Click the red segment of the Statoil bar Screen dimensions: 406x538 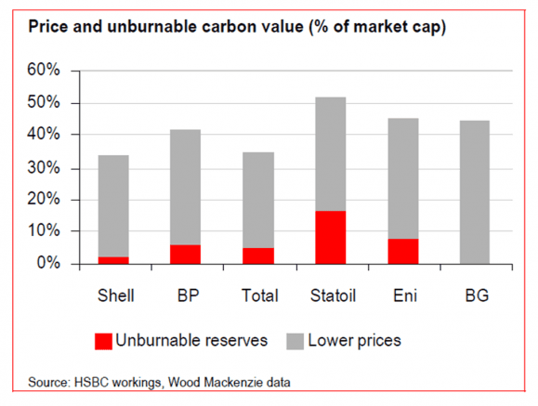[330, 237]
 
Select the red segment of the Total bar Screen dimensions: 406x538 [258, 255]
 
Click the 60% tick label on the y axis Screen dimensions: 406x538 [43, 71]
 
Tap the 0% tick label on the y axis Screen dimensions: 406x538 [47, 264]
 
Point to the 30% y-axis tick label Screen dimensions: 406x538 [43, 167]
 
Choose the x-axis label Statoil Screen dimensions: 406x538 [330, 295]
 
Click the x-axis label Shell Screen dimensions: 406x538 [114, 295]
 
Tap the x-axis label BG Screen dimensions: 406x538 [474, 295]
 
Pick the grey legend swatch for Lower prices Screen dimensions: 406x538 [295, 340]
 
